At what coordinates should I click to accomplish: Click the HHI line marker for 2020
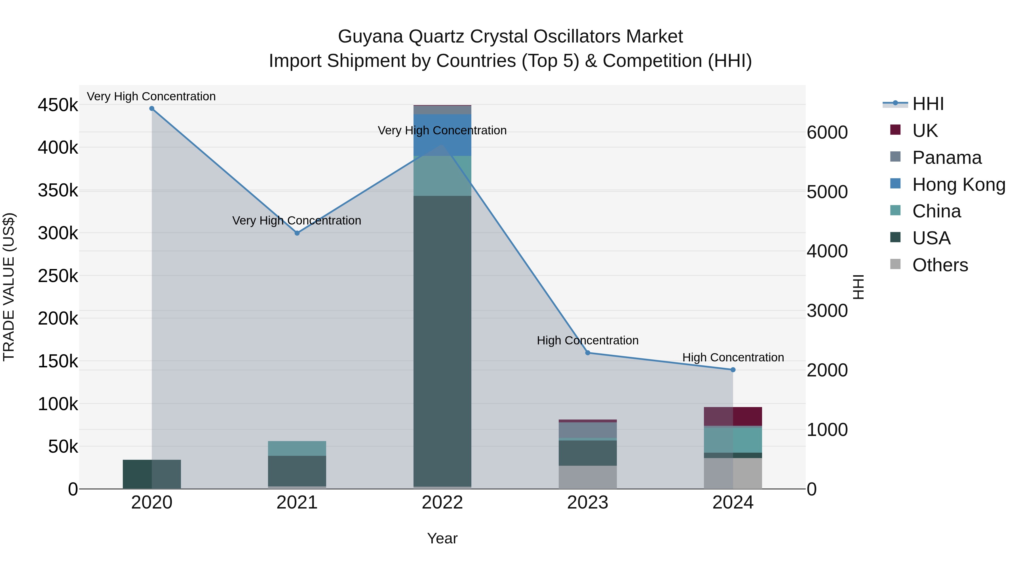coord(152,109)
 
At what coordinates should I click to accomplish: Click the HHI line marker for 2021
coord(297,233)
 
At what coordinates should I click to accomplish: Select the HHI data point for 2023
coord(588,353)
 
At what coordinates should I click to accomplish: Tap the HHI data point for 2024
coord(733,370)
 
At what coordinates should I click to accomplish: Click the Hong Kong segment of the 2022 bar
coord(442,135)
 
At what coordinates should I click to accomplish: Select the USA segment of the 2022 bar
coord(442,341)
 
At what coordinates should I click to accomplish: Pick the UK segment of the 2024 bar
coord(733,416)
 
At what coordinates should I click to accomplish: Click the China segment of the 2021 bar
coord(297,448)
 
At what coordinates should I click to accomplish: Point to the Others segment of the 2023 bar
coord(588,477)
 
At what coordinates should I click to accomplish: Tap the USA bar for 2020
coord(152,474)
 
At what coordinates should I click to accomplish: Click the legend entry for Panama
coord(946,158)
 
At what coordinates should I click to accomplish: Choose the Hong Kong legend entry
coord(958,185)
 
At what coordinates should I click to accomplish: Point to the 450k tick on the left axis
coord(58,105)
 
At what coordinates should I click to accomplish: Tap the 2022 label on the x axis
coord(442,503)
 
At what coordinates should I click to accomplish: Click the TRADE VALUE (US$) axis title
coord(9,287)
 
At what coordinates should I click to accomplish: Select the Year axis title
coord(442,538)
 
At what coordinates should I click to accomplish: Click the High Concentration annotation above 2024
coord(733,357)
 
